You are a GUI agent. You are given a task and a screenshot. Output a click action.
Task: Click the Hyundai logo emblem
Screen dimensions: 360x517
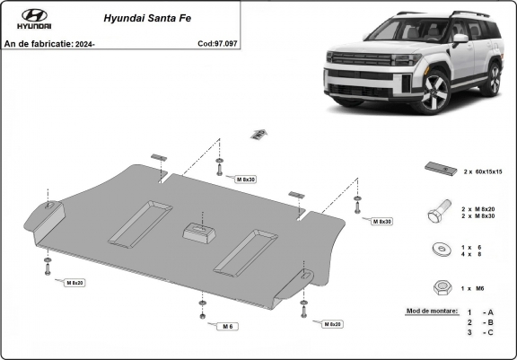tap(34, 17)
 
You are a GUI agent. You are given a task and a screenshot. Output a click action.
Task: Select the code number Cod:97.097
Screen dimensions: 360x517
tap(218, 43)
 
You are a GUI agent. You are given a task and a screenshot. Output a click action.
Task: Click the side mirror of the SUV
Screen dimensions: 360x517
tap(460, 40)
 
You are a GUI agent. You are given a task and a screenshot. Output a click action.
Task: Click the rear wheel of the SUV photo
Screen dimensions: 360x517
tap(491, 78)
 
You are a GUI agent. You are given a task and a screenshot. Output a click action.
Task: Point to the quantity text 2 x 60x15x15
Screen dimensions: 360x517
tap(482, 171)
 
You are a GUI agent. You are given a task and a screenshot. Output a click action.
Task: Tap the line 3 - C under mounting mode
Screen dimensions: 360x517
tap(480, 333)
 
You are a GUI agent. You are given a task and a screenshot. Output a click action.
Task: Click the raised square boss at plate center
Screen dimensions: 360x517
tap(201, 233)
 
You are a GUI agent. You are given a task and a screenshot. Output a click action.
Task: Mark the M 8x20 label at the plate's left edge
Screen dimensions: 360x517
tap(74, 283)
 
